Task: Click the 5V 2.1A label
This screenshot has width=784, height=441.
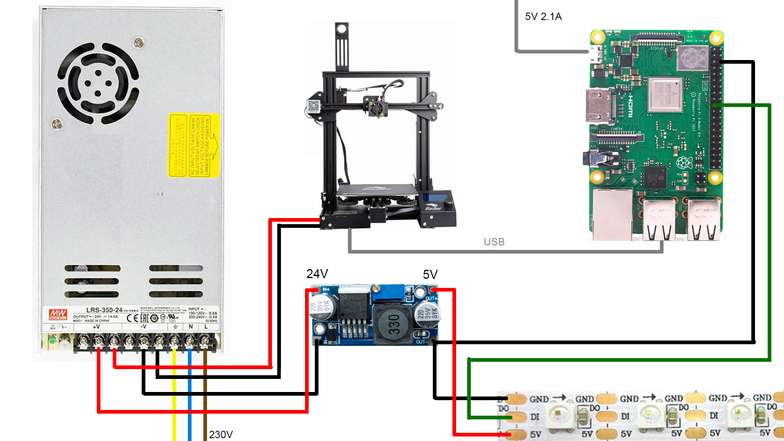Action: pos(543,17)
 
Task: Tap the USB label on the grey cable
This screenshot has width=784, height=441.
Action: pos(494,242)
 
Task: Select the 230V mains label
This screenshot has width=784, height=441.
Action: pos(221,434)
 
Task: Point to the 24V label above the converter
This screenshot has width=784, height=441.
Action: pos(317,274)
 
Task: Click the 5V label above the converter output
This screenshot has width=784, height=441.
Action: pos(430,275)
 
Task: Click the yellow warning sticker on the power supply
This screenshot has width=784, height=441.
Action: pos(194,145)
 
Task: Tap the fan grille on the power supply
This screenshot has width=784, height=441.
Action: pos(98,83)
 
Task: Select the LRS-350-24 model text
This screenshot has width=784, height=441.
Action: pos(104,310)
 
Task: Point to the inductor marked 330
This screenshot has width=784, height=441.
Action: pos(393,325)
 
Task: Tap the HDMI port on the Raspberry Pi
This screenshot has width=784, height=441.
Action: pos(599,105)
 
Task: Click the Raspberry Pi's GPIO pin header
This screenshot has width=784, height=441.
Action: pos(716,108)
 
